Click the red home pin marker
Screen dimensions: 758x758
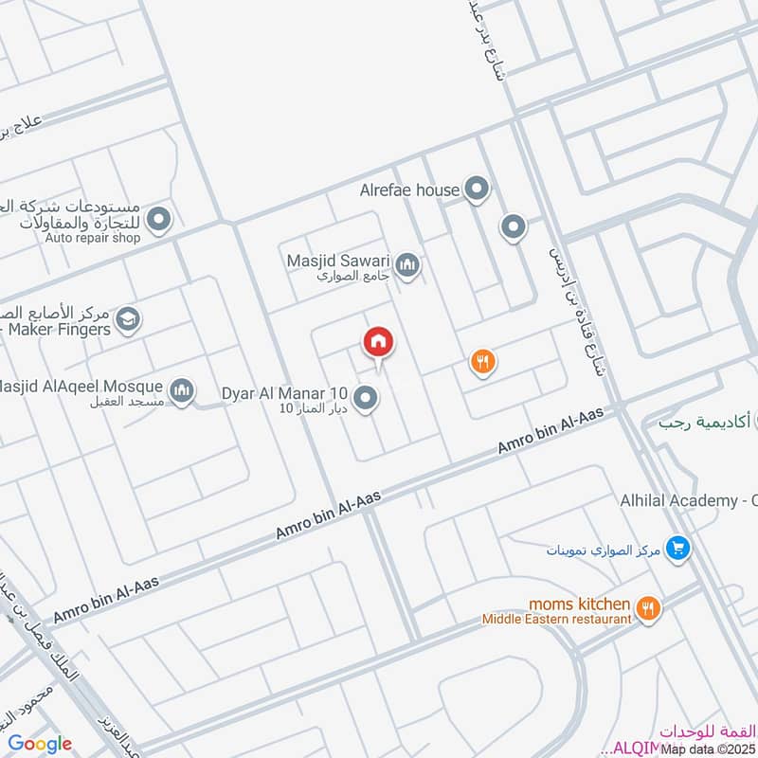click(x=377, y=341)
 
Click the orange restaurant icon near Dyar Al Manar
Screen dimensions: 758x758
click(x=483, y=361)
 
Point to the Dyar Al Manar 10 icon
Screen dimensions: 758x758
click(x=366, y=398)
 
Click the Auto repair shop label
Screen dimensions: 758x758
click(x=93, y=238)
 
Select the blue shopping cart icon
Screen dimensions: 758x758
click(x=677, y=548)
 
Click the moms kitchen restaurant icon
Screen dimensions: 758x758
click(x=647, y=608)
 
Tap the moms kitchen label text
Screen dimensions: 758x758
click(x=579, y=603)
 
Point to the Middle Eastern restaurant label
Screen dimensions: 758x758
click(x=556, y=619)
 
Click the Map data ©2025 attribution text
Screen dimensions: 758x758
click(x=708, y=749)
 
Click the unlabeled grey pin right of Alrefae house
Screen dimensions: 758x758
click(x=513, y=226)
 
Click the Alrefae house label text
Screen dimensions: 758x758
click(x=409, y=190)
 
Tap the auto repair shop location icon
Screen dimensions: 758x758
click(x=160, y=221)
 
